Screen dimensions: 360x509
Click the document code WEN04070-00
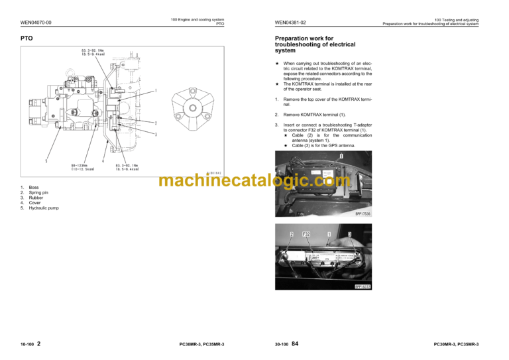click(x=36, y=23)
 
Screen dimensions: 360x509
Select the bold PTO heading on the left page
click(x=27, y=38)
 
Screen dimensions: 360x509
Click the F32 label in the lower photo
click(x=307, y=234)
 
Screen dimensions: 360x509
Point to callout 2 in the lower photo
click(x=291, y=234)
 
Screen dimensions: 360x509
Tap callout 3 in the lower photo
click(x=349, y=234)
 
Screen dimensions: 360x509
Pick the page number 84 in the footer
click(x=296, y=343)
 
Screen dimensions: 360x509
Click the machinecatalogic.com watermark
click(x=254, y=180)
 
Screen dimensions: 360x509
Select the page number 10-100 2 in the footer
click(x=30, y=343)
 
